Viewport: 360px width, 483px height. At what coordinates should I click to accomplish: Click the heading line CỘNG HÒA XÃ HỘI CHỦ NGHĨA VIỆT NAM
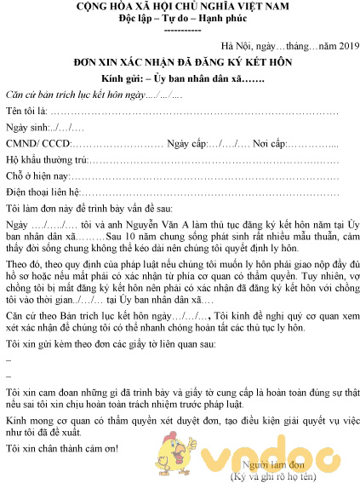[180, 7]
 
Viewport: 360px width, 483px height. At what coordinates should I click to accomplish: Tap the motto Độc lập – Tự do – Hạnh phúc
[180, 20]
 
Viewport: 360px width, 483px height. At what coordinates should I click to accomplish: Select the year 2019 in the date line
[327, 47]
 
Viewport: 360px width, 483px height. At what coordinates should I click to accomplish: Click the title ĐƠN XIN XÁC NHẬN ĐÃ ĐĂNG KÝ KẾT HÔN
[180, 63]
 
